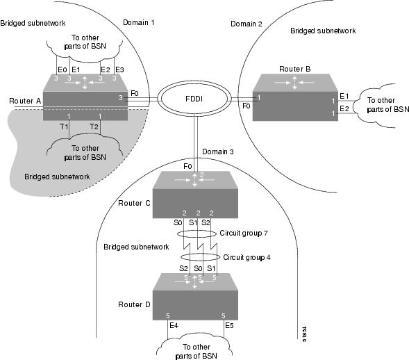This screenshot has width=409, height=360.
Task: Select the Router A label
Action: coord(25,101)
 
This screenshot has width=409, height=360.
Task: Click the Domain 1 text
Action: coord(138,23)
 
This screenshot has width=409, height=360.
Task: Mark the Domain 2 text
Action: coord(247,24)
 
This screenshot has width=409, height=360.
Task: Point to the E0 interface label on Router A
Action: coord(62,69)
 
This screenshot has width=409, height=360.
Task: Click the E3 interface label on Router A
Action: coord(119,69)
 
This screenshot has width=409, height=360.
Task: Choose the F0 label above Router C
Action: coord(188,167)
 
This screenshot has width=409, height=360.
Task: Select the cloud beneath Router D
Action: coord(197,345)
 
